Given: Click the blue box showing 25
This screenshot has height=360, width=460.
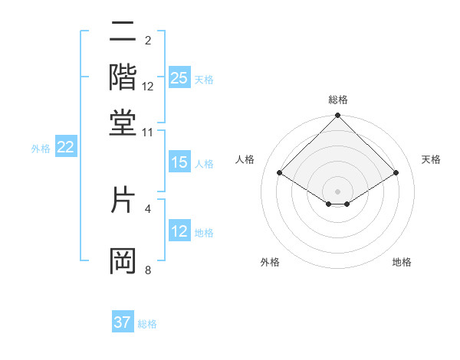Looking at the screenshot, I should tap(179, 78).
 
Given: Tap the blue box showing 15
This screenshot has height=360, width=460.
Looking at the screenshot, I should tap(179, 162).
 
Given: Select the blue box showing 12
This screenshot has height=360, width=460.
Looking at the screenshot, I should tap(179, 231).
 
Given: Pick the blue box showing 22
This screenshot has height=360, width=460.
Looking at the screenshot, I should tap(65, 148).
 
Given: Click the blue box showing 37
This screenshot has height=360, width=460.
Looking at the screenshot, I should tap(123, 322).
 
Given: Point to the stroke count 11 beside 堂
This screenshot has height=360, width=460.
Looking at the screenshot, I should tap(147, 133).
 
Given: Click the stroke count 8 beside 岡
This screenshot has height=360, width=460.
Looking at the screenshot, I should tap(148, 270).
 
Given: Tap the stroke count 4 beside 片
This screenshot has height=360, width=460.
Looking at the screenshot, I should tap(148, 208).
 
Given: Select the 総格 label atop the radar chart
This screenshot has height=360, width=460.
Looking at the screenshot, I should tap(338, 100).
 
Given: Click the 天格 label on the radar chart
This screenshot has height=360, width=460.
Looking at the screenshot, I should tap(432, 159).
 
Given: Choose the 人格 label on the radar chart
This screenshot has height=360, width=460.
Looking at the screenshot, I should tap(245, 159).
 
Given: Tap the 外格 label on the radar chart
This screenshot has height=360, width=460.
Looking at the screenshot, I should tap(269, 263).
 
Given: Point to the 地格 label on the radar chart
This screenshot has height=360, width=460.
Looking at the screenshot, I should tap(402, 263).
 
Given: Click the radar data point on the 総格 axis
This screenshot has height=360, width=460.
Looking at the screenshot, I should tap(338, 116).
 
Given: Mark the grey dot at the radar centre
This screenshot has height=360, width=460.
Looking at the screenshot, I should tap(338, 191).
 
